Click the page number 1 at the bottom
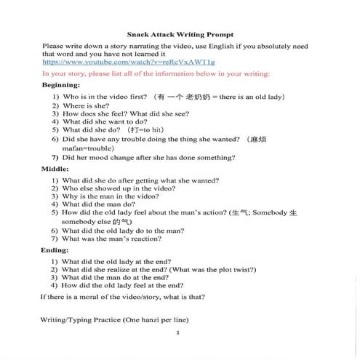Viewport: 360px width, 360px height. pos(177,332)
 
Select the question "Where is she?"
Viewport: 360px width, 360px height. pos(92,105)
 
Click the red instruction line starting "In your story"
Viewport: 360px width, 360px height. pos(156,73)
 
